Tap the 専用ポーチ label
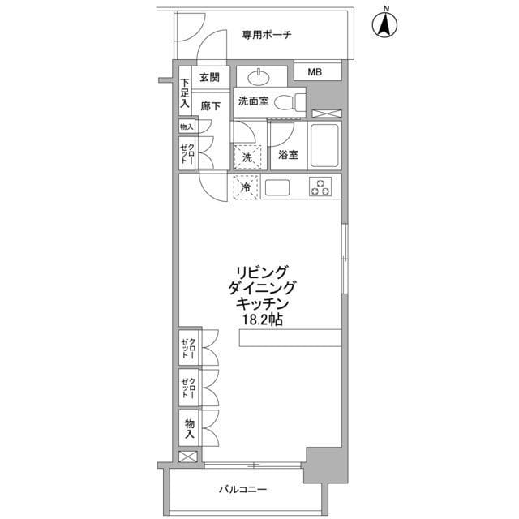tap(266, 35)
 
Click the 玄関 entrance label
tap(209, 78)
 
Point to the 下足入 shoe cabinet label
tap(185, 92)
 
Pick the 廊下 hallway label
tap(211, 105)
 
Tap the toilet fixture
tap(288, 103)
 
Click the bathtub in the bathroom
tap(324, 146)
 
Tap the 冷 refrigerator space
tap(246, 187)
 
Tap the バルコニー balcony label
tap(243, 489)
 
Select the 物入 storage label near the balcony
tap(189, 428)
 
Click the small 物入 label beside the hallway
tap(187, 127)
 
